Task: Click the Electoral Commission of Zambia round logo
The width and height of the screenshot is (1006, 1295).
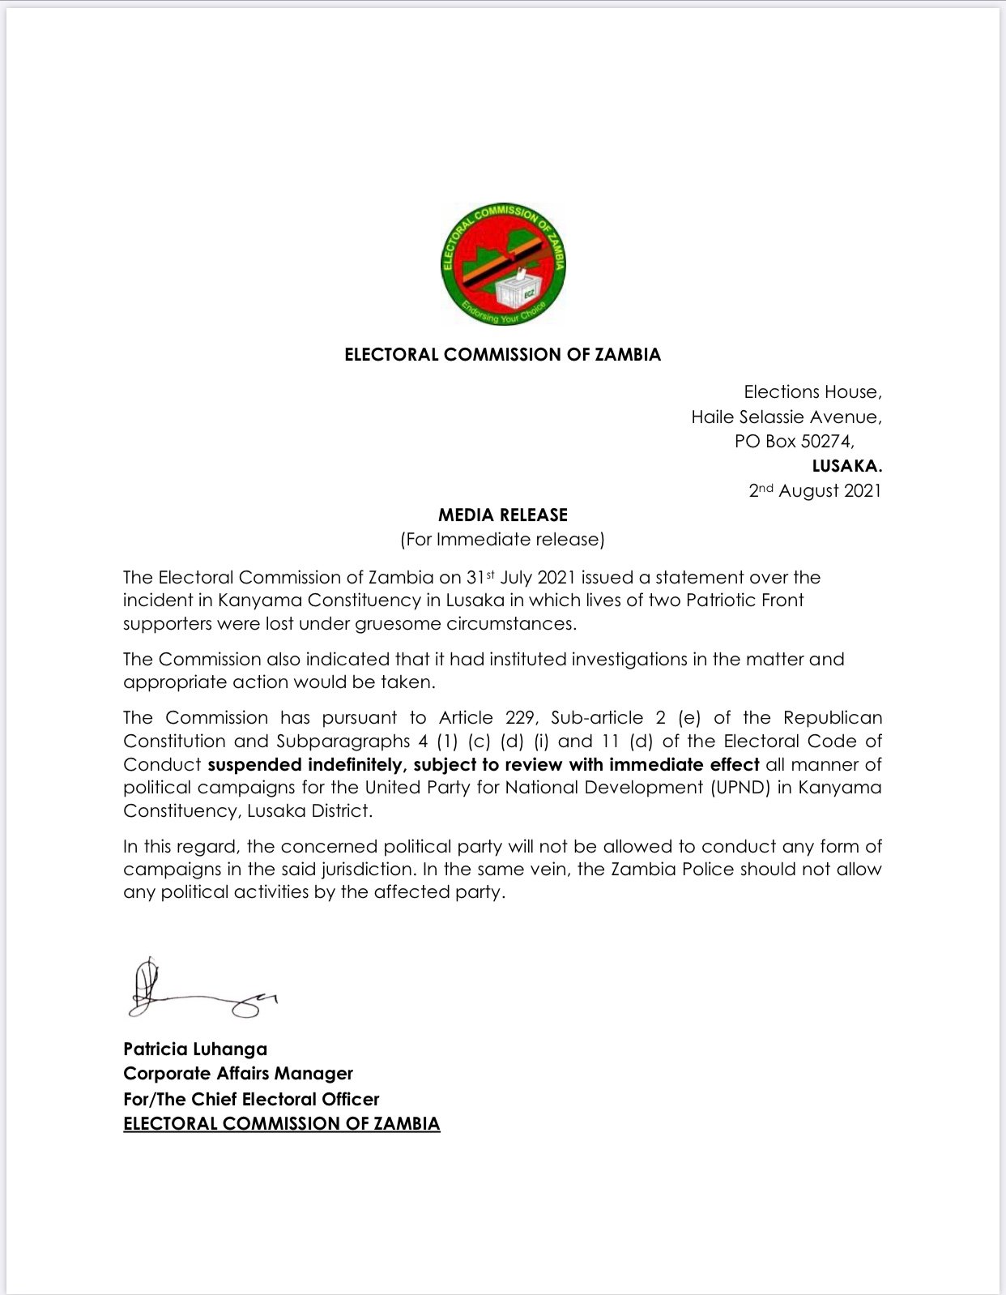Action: pos(503,264)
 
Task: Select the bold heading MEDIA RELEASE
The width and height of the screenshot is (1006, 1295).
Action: pos(503,515)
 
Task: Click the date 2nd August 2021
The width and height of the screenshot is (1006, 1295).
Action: pos(815,490)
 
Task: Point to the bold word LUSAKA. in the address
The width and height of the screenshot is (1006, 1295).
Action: pos(847,466)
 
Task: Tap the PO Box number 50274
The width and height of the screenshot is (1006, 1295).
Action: pos(826,442)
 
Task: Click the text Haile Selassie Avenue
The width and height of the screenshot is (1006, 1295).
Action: pos(786,417)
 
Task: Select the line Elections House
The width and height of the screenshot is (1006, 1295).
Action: pos(812,392)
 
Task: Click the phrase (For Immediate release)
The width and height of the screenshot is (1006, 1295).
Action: pos(503,540)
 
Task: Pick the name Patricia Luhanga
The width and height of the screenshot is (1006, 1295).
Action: pos(195,1049)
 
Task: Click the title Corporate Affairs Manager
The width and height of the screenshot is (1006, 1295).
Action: pos(238,1074)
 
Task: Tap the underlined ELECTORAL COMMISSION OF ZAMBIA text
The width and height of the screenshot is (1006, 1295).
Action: pos(282,1124)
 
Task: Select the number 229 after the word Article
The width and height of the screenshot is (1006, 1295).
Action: pos(520,718)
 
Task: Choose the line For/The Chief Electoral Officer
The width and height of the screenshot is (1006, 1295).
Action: pos(251,1100)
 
